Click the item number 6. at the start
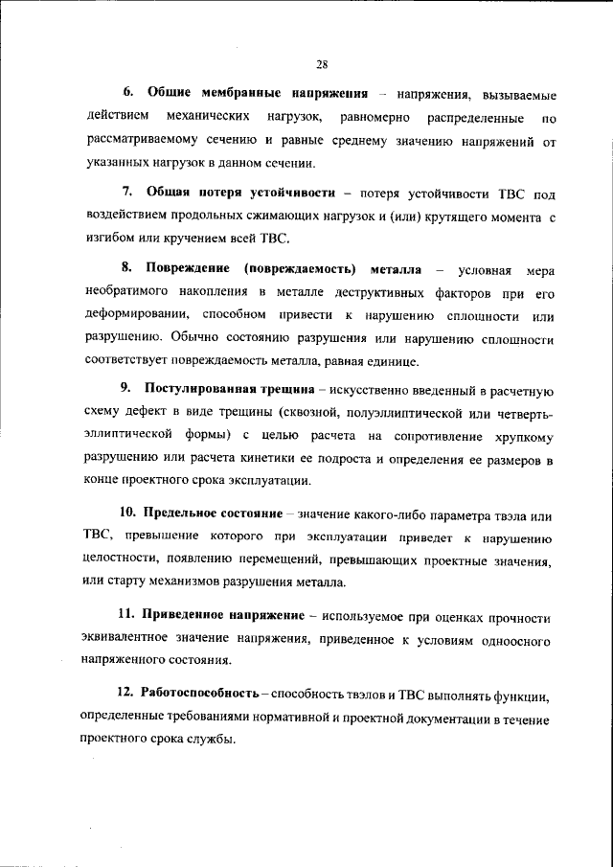[128, 96]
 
